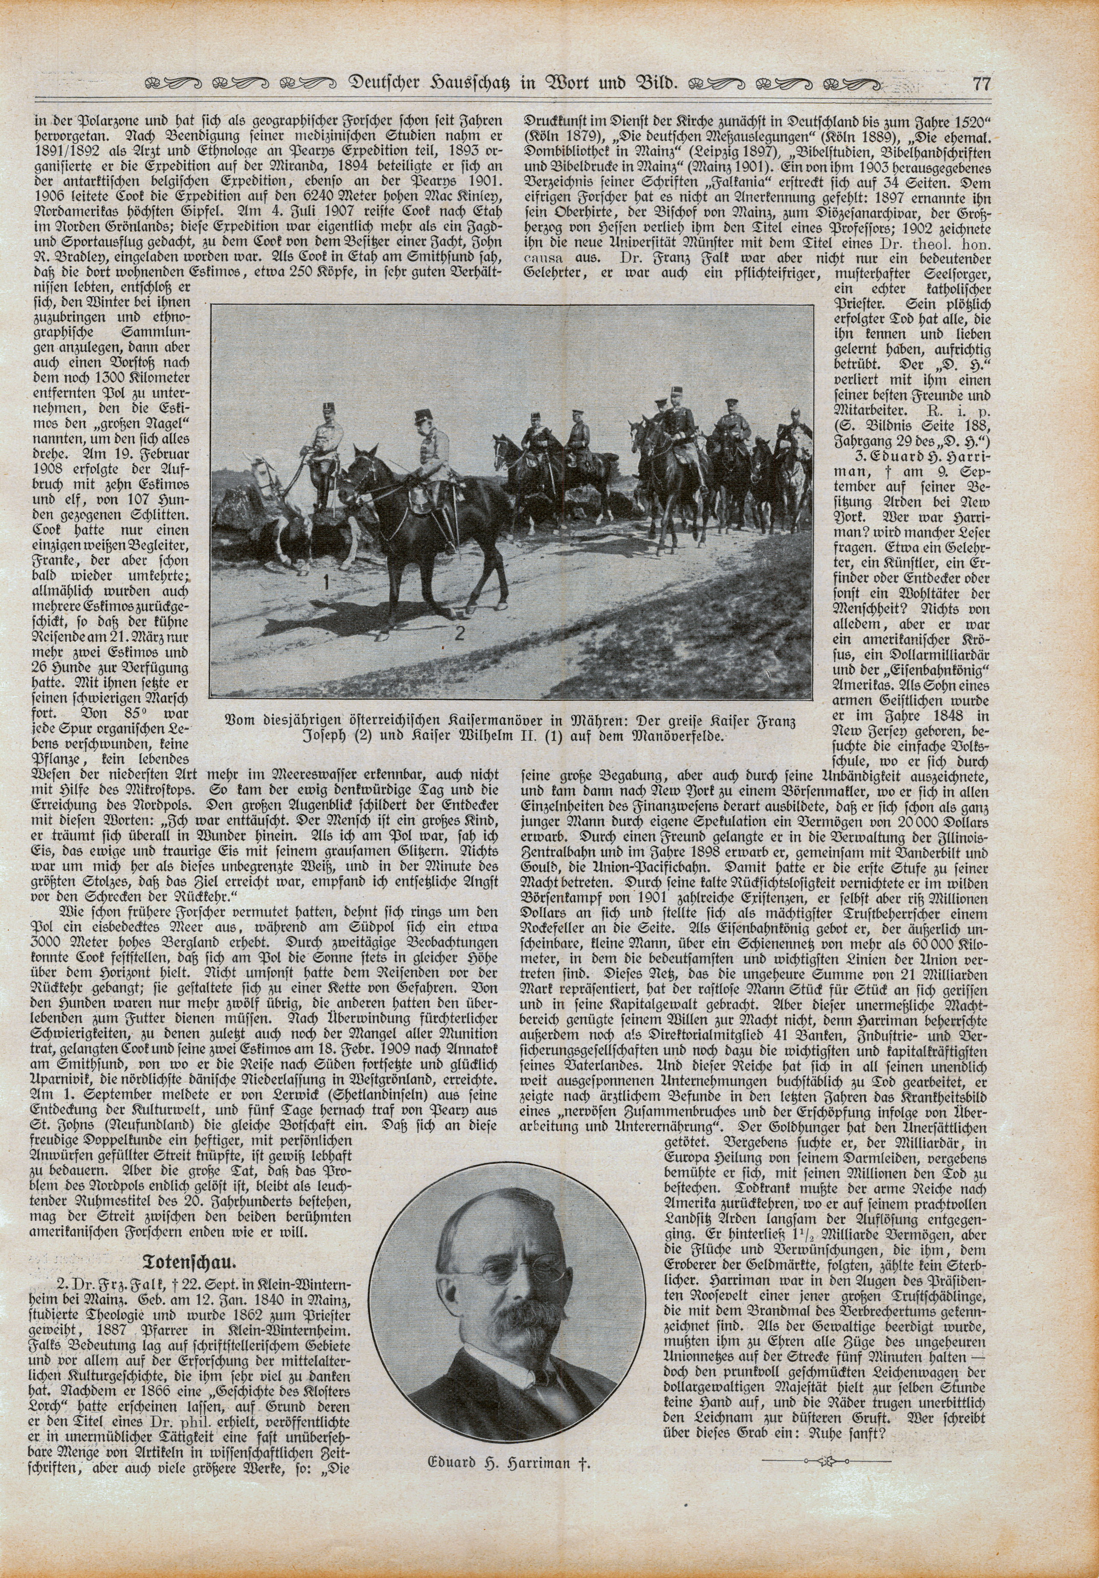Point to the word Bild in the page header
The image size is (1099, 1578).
click(656, 85)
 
